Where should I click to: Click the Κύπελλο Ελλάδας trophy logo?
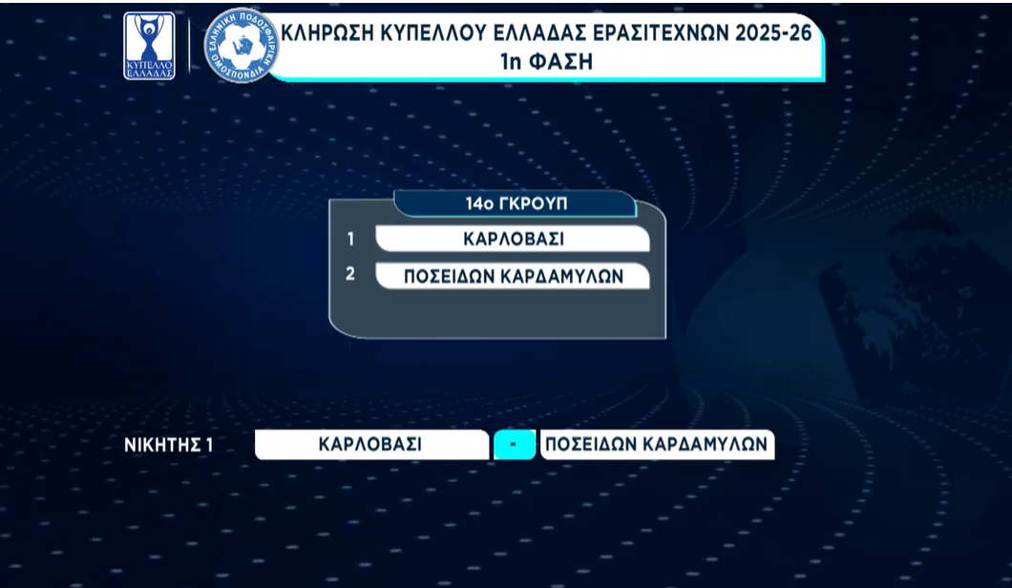pos(149,46)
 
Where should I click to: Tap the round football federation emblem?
pos(242,45)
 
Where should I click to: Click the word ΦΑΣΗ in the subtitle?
pos(560,62)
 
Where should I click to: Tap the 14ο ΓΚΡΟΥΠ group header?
pos(517,203)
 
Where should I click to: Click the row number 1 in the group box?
pos(350,240)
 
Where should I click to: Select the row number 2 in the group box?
pos(349,274)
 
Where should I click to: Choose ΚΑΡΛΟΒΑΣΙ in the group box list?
pos(513,240)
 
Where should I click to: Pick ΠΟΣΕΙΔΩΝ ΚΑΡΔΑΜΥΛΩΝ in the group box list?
pos(514,276)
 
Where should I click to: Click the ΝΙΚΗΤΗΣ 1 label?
pos(168,445)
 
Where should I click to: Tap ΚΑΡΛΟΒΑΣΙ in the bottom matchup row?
pos(369,445)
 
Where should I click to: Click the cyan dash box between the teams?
pos(515,445)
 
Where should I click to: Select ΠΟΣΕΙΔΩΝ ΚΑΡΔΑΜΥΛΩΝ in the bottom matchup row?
pos(657,445)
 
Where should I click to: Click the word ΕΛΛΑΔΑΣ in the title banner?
pos(538,32)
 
